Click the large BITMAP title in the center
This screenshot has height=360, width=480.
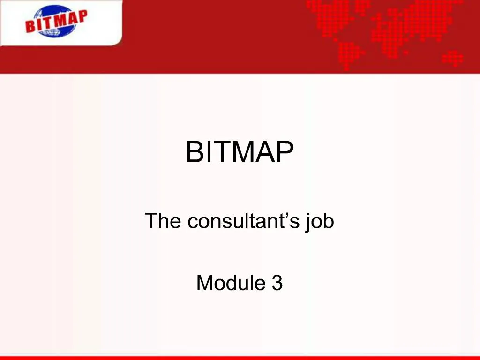click(x=240, y=152)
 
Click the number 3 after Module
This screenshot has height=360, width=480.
click(x=277, y=283)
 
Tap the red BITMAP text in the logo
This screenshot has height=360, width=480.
click(x=56, y=21)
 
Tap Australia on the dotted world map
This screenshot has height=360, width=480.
click(x=453, y=58)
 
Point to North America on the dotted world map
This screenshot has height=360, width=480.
click(x=328, y=14)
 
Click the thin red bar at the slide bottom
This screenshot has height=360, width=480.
click(x=240, y=358)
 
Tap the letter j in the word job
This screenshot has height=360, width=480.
click(x=308, y=222)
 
